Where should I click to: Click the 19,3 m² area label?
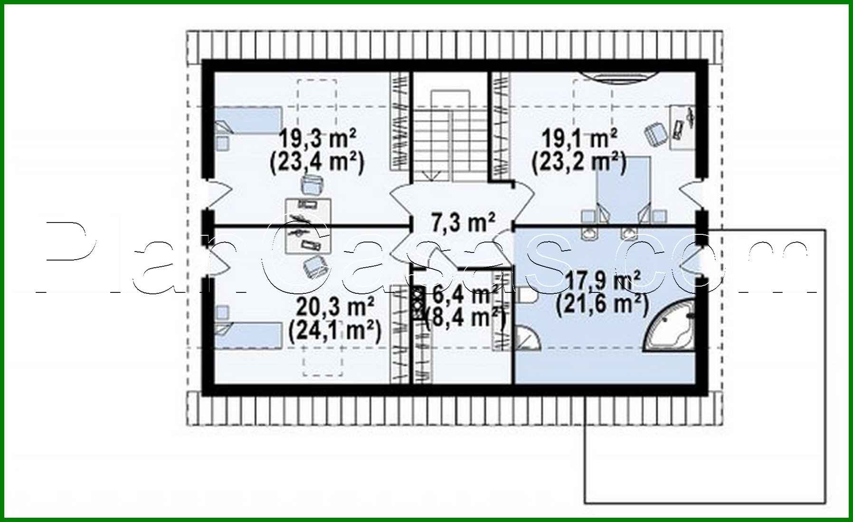pos(317,139)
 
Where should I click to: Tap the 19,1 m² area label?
pos(579,139)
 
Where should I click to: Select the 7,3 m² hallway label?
pos(463,222)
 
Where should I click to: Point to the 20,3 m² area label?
pos(335,307)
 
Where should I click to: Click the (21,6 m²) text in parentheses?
pos(602,305)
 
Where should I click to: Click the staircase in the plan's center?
pos(450,138)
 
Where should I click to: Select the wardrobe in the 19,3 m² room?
pos(399,121)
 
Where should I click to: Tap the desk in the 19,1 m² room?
pos(682,127)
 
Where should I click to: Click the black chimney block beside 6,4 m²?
pos(417,303)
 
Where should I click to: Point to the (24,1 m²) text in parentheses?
pos(334,331)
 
